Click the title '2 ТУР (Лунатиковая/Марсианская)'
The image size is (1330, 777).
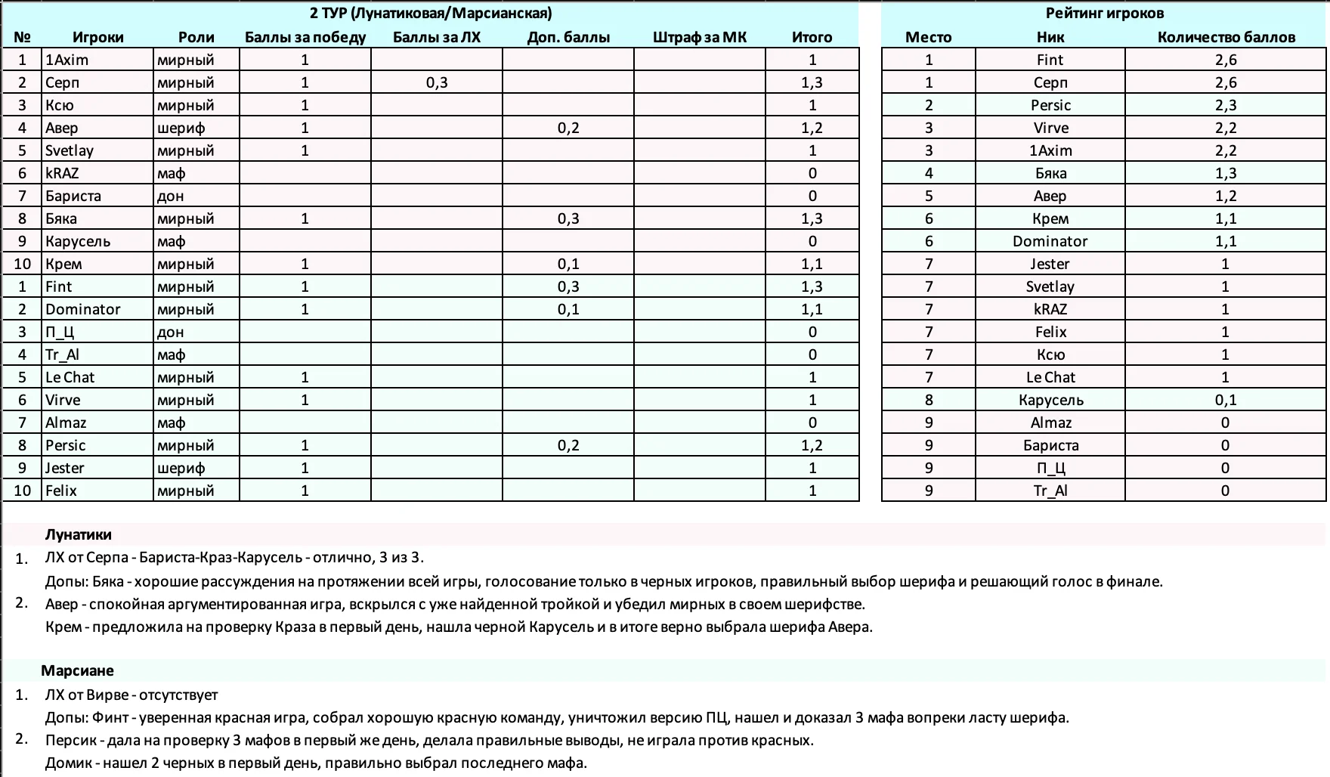coord(431,13)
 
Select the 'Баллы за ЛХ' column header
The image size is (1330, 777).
coord(437,37)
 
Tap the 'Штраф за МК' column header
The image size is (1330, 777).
coord(699,37)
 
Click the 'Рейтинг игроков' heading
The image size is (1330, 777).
coord(1104,13)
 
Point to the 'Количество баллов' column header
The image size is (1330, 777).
coord(1226,37)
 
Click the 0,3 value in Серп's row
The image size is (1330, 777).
coord(437,82)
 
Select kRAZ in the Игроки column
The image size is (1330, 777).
coord(62,173)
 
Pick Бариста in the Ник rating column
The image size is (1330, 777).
coord(1050,445)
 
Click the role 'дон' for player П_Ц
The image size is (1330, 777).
coord(171,332)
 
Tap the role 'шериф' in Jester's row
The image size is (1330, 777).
coord(181,468)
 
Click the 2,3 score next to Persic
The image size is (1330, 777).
coord(1226,105)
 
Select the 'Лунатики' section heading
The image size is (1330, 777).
coord(79,534)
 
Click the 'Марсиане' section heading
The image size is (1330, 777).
coord(77,670)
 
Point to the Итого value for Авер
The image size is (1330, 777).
coord(812,128)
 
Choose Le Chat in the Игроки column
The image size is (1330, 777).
coord(70,377)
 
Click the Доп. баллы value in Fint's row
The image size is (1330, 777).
coord(568,286)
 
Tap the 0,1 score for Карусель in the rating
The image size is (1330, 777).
coord(1226,400)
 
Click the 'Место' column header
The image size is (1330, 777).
coord(928,37)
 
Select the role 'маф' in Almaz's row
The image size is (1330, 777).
coord(172,423)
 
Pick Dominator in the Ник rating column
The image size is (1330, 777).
coord(1050,241)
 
